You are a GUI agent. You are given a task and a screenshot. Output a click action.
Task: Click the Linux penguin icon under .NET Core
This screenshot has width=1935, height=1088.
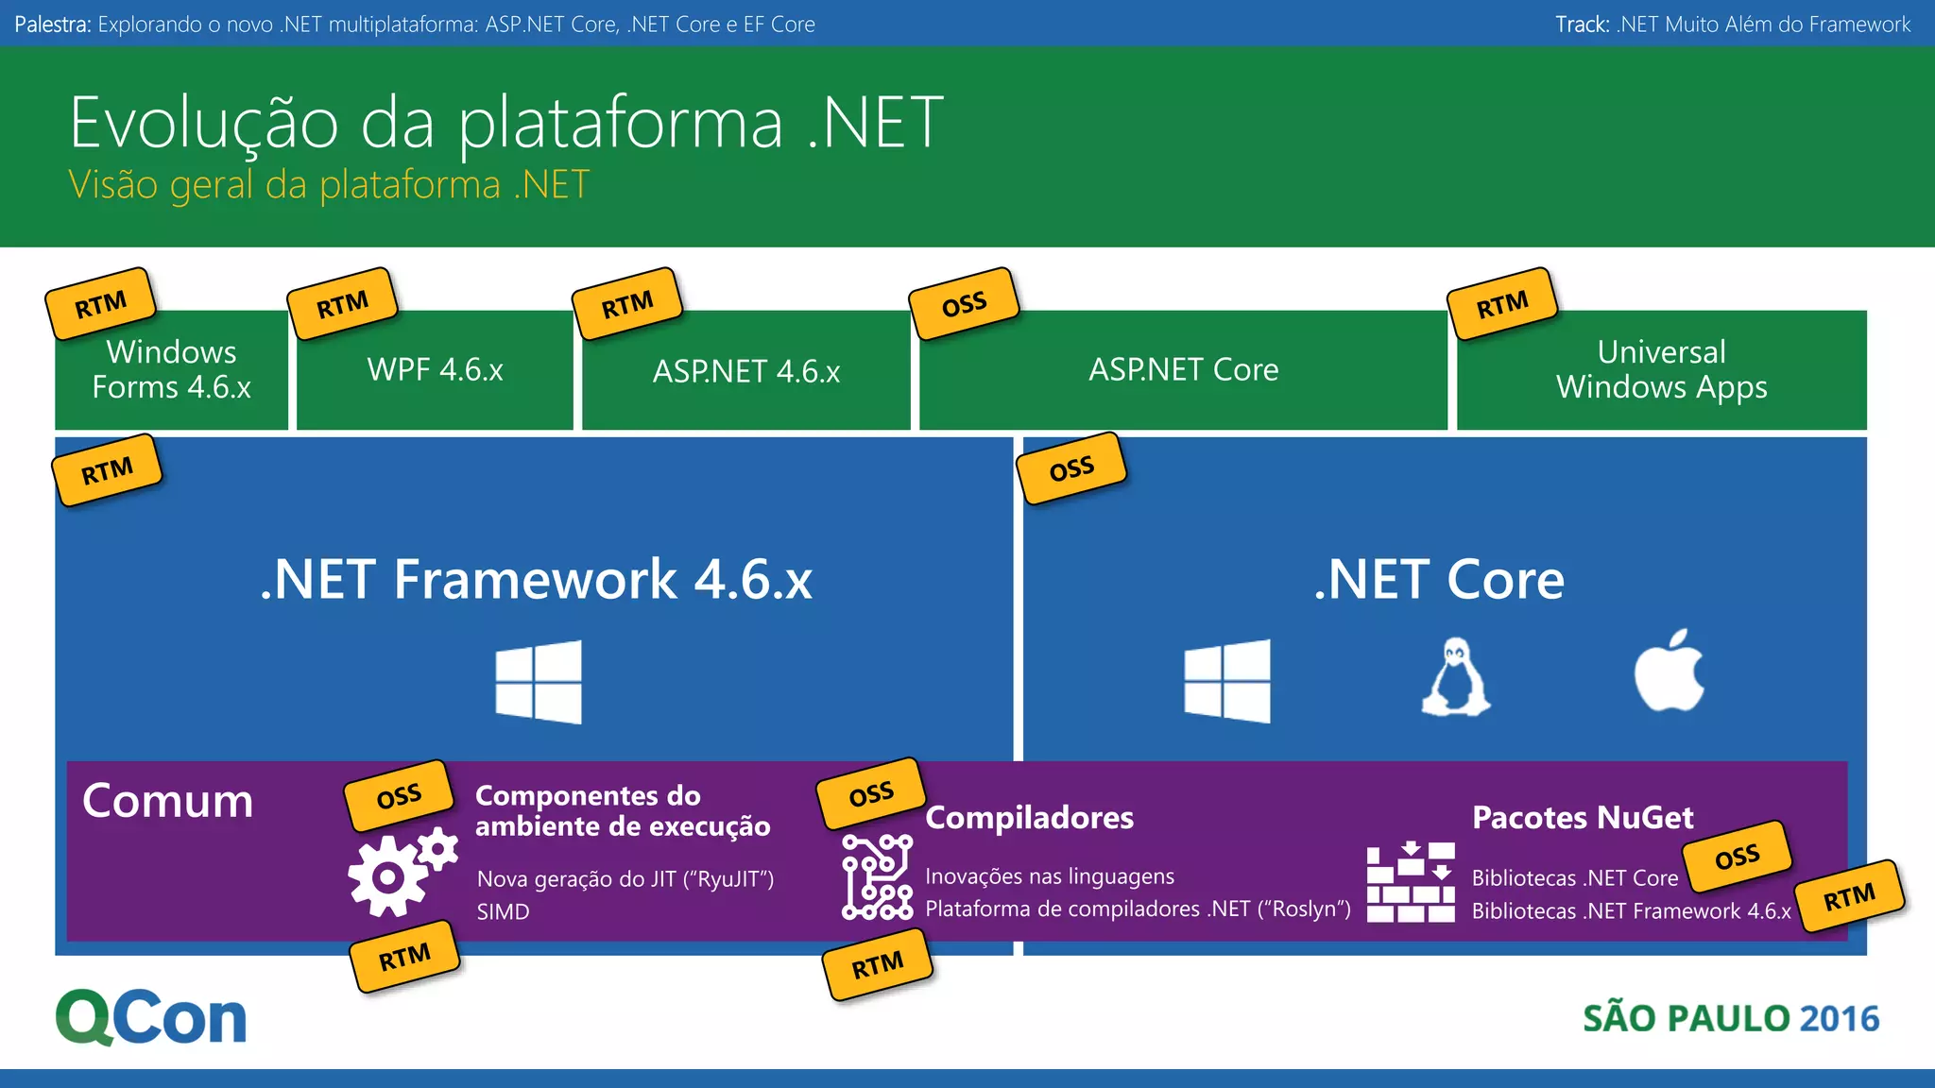[x=1456, y=678]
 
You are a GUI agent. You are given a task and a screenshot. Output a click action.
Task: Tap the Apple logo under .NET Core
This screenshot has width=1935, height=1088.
[x=1670, y=672]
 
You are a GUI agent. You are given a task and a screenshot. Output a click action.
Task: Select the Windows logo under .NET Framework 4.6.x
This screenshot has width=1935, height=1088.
[x=539, y=682]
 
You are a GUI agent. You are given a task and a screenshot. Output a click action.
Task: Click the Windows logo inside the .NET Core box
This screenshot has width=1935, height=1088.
[x=1227, y=681]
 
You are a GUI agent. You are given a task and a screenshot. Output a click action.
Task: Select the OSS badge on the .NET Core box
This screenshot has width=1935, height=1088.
[x=1071, y=468]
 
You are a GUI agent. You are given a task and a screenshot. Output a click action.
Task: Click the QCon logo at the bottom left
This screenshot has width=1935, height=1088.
[x=151, y=1017]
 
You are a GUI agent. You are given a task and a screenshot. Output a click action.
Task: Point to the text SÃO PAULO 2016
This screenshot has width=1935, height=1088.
[x=1730, y=1018]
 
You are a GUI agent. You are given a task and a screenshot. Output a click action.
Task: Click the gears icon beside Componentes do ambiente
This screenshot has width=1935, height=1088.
[x=401, y=871]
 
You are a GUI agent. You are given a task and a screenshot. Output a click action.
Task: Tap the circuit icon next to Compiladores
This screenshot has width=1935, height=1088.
[x=877, y=876]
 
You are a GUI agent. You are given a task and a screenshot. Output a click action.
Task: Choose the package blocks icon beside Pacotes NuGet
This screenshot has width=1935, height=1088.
[x=1410, y=882]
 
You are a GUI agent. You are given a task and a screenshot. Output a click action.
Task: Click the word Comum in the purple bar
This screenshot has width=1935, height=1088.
[x=167, y=801]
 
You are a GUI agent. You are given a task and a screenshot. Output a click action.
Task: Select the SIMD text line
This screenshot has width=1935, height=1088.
[x=503, y=911]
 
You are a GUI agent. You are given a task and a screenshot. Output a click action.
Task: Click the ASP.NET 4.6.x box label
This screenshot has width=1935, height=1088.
[x=746, y=371]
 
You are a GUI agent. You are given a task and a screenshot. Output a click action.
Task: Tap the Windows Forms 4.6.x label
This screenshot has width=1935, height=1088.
[x=171, y=369]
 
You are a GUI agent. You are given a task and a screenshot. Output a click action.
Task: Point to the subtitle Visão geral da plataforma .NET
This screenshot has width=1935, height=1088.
[x=329, y=184]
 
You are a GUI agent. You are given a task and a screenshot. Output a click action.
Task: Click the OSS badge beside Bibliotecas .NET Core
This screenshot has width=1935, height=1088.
[x=1737, y=857]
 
